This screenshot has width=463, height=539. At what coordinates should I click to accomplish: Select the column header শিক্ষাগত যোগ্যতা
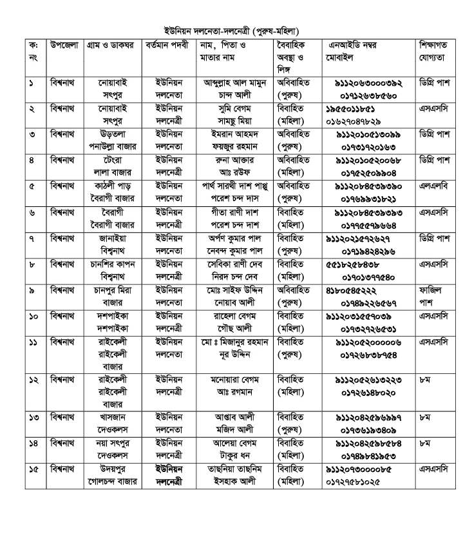(435, 51)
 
